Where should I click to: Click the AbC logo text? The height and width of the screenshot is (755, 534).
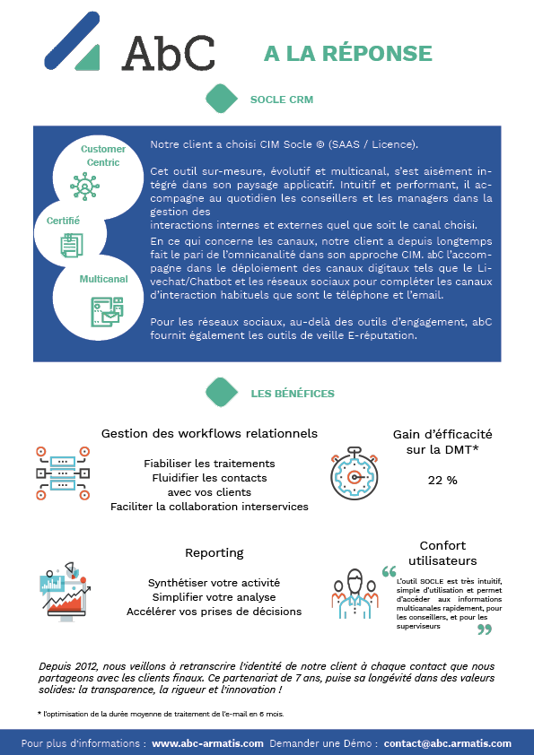pyautogui.click(x=168, y=54)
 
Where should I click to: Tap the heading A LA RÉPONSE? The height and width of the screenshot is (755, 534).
pyautogui.click(x=348, y=54)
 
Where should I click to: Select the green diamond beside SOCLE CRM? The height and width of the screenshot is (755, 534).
pyautogui.click(x=222, y=99)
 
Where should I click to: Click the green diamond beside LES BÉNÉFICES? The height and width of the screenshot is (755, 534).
pyautogui.click(x=222, y=393)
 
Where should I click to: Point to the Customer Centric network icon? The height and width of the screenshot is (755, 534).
pyautogui.click(x=85, y=186)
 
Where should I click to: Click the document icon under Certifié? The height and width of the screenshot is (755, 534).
pyautogui.click(x=72, y=245)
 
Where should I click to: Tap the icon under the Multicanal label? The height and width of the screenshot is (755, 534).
pyautogui.click(x=107, y=311)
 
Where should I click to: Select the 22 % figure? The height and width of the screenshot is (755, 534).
pyautogui.click(x=442, y=480)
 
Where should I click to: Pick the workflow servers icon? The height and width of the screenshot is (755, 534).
pyautogui.click(x=63, y=473)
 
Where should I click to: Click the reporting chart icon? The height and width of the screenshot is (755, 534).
pyautogui.click(x=65, y=591)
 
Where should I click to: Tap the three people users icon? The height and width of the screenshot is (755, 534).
pyautogui.click(x=355, y=594)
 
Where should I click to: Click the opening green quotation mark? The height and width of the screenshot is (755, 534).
pyautogui.click(x=389, y=571)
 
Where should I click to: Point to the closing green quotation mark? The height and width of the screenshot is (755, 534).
pyautogui.click(x=485, y=629)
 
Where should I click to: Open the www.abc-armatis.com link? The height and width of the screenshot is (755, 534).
pyautogui.click(x=207, y=743)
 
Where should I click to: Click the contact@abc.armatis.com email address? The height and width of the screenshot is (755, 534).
pyautogui.click(x=448, y=743)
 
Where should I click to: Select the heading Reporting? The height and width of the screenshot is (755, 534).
pyautogui.click(x=214, y=552)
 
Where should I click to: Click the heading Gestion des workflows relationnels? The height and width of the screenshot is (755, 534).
pyautogui.click(x=209, y=433)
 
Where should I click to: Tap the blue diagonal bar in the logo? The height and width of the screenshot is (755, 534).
pyautogui.click(x=73, y=40)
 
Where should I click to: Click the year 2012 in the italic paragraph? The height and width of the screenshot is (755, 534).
pyautogui.click(x=87, y=666)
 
